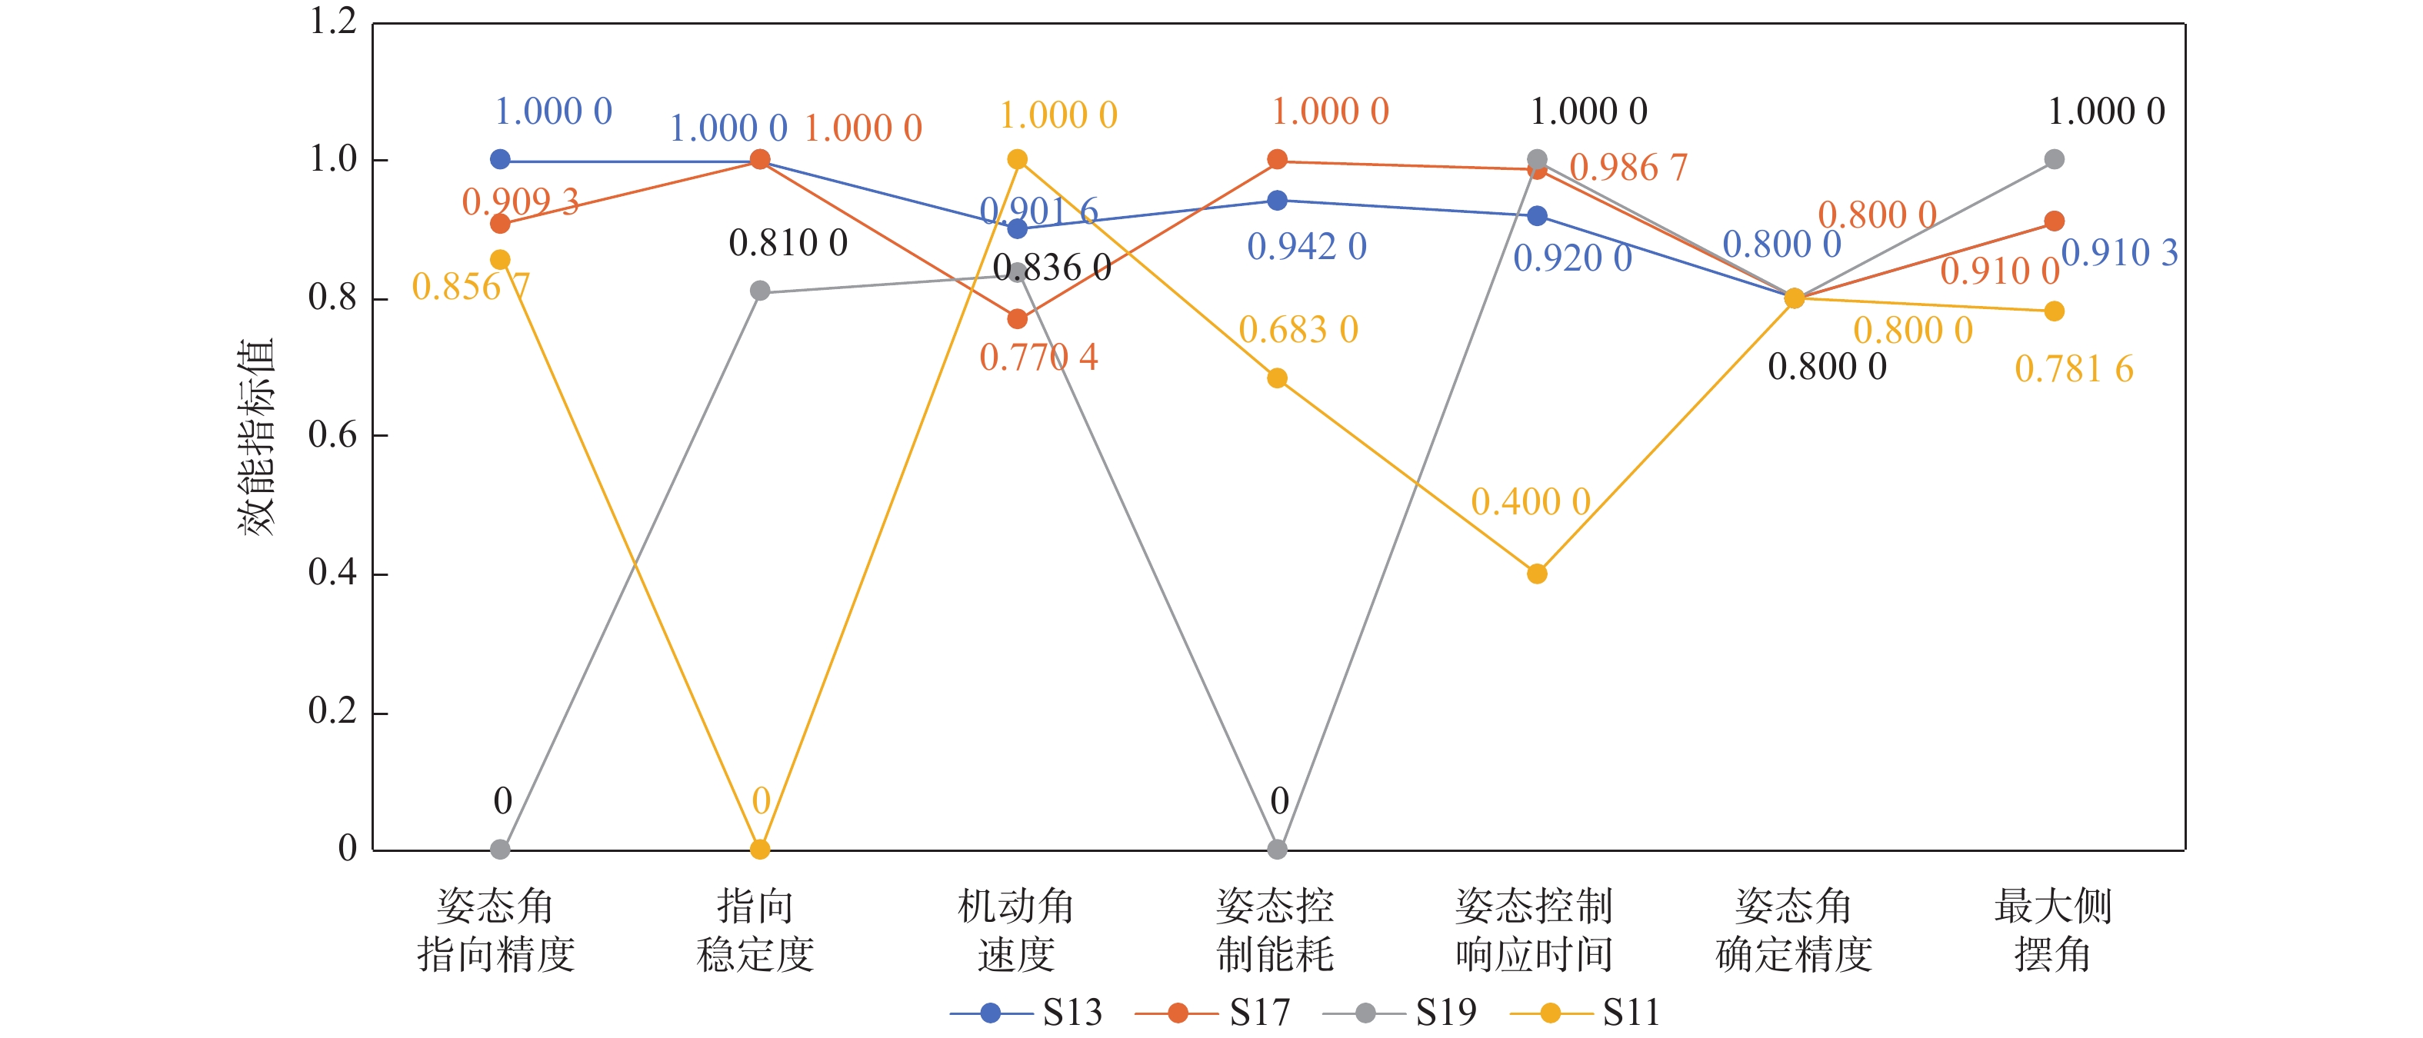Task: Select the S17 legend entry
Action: point(1213,1013)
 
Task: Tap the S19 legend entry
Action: point(1400,1013)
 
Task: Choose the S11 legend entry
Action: point(1586,1013)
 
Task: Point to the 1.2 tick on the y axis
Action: point(333,22)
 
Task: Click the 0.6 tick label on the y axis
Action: point(333,435)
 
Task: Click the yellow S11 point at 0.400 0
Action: point(1537,574)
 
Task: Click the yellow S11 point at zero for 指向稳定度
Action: point(760,849)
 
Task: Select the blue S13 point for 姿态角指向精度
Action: point(501,160)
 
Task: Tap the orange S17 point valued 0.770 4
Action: point(1017,319)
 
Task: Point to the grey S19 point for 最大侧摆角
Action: point(2055,160)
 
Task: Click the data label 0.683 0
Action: point(1298,330)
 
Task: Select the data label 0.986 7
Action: point(1628,168)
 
